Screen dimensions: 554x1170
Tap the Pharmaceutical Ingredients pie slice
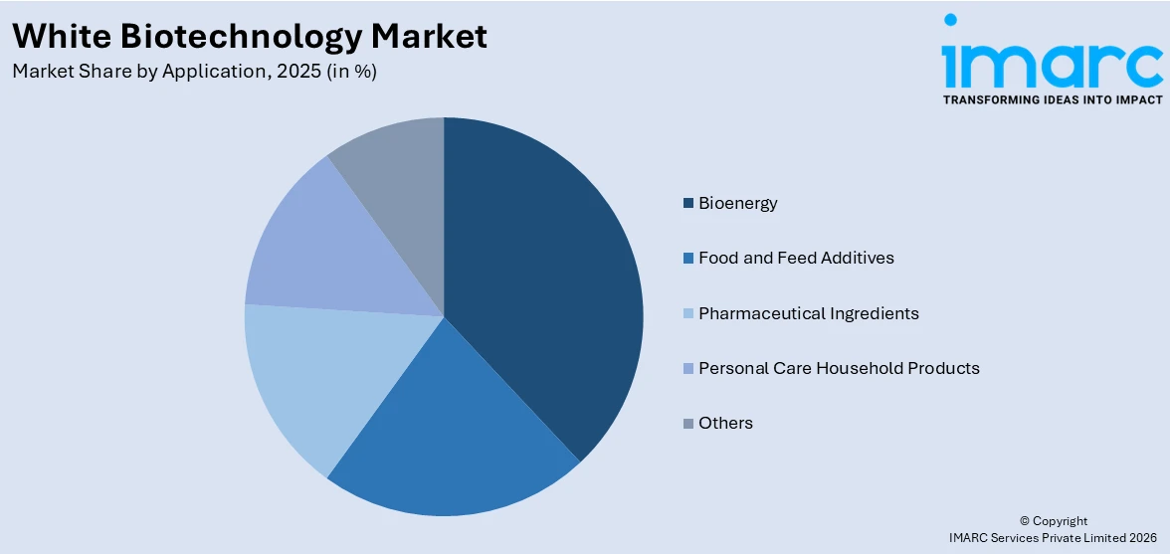tap(308, 378)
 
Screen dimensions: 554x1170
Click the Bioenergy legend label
tap(737, 203)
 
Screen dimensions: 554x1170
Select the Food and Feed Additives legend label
tap(796, 258)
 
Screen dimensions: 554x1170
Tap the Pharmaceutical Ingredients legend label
tap(808, 313)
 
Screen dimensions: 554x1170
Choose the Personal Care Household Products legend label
tap(839, 368)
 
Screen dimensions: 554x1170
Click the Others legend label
tap(725, 423)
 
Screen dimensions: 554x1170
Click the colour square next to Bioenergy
tap(687, 204)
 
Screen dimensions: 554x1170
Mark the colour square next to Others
tap(687, 424)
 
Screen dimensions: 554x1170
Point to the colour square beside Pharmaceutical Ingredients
tap(687, 314)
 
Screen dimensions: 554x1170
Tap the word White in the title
tap(56, 37)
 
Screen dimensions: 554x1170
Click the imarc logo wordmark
tap(1052, 60)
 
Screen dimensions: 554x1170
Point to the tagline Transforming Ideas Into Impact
tap(1052, 99)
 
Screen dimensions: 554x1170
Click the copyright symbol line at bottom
tap(1054, 520)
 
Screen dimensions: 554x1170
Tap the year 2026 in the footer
tap(1138, 537)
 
